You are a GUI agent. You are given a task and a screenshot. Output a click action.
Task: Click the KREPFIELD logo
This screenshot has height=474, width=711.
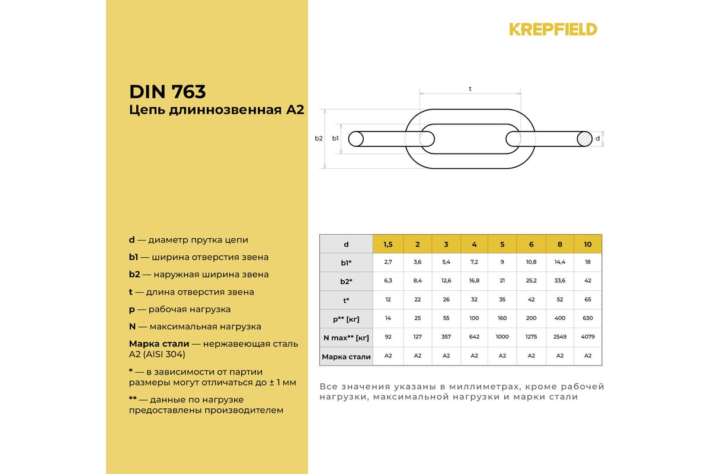pyautogui.click(x=553, y=29)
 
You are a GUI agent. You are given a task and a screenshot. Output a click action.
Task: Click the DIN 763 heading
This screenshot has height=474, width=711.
pyautogui.click(x=167, y=92)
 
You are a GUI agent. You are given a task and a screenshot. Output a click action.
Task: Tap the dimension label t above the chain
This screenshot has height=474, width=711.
pyautogui.click(x=470, y=88)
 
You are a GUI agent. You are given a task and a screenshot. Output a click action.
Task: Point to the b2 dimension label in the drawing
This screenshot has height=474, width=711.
pyautogui.click(x=319, y=138)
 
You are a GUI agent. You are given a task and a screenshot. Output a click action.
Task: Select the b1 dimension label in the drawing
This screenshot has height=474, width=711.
pyautogui.click(x=335, y=138)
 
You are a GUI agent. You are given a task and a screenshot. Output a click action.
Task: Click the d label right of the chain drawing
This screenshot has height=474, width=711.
pyautogui.click(x=598, y=138)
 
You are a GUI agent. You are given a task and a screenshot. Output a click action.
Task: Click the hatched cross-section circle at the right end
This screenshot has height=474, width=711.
pyautogui.click(x=584, y=139)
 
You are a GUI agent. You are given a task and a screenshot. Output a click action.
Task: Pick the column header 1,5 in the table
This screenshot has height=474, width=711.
pyautogui.click(x=388, y=244)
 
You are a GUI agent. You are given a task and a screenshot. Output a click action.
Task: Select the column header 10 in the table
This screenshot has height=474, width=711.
pyautogui.click(x=588, y=244)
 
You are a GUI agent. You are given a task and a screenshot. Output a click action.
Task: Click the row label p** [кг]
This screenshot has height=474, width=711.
pyautogui.click(x=346, y=319)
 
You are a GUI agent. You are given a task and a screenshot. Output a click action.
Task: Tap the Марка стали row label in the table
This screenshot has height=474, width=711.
pyautogui.click(x=346, y=357)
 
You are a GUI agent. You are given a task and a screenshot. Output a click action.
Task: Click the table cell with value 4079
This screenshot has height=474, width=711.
pyautogui.click(x=588, y=337)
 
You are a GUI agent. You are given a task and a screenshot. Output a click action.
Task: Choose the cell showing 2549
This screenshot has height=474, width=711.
pyautogui.click(x=559, y=337)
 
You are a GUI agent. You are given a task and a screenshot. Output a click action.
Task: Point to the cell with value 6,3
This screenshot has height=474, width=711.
pyautogui.click(x=388, y=281)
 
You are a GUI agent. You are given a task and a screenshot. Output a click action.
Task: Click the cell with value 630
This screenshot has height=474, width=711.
pyautogui.click(x=588, y=318)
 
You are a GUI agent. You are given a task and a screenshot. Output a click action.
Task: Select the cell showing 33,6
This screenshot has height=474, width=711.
pyautogui.click(x=559, y=281)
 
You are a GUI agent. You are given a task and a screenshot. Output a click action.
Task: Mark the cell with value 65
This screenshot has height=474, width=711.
pyautogui.click(x=588, y=300)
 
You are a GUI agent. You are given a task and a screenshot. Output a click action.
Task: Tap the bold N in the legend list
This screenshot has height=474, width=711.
pyautogui.click(x=133, y=326)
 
